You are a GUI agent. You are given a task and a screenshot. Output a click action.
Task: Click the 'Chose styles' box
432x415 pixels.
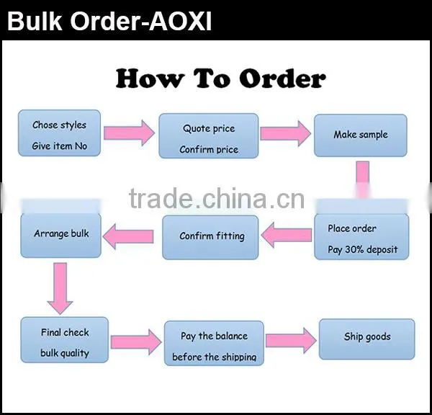coord(59,133)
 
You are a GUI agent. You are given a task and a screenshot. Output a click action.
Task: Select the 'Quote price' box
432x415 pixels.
coord(209,136)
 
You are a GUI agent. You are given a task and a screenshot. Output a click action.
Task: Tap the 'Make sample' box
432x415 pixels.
coord(361,135)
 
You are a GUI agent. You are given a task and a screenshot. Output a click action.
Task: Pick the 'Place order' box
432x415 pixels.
coord(361,236)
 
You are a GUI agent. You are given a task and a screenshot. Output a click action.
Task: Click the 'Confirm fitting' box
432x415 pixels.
coord(210,237)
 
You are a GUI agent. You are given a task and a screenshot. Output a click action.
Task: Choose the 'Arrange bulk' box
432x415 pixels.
coord(61,236)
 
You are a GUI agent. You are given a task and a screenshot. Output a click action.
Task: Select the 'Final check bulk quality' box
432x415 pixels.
coord(65,340)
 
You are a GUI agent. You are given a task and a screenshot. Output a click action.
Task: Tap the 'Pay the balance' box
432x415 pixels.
coord(214,343)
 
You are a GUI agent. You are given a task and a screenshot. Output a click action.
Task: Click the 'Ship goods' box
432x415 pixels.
coord(366,339)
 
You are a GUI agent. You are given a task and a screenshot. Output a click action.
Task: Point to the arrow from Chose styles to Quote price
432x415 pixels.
coord(129,133)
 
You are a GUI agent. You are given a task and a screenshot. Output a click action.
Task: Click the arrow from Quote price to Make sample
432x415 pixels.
coord(285,133)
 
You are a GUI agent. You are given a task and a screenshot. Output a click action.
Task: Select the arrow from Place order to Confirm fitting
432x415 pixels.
coord(287,235)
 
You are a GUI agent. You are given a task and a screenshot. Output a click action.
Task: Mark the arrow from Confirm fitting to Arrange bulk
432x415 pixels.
coord(128,236)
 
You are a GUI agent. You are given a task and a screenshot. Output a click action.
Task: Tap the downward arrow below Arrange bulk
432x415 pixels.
coord(60,288)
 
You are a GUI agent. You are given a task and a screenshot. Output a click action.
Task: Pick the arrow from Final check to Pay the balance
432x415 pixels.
coord(136,342)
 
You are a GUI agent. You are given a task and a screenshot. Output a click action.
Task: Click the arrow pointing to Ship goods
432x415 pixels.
coord(291,341)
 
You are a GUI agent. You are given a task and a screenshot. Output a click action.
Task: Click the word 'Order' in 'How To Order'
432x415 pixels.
coord(282,79)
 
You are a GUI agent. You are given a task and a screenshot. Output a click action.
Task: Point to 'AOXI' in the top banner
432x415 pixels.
coord(180,21)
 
